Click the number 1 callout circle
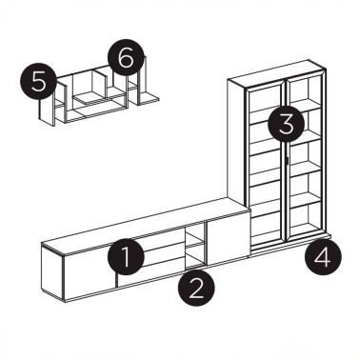click(x=126, y=256)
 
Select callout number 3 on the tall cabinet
click(x=285, y=122)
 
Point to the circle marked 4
click(x=325, y=255)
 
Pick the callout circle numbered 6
click(x=125, y=58)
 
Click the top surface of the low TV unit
click(x=143, y=223)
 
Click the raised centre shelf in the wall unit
click(x=88, y=95)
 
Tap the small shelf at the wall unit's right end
click(x=150, y=96)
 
